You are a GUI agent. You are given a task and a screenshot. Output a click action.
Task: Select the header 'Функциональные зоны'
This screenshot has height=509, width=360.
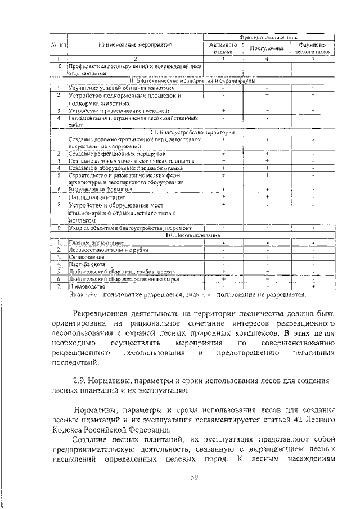pos(269,37)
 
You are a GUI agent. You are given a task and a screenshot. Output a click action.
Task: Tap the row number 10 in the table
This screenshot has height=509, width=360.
pos(58,66)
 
